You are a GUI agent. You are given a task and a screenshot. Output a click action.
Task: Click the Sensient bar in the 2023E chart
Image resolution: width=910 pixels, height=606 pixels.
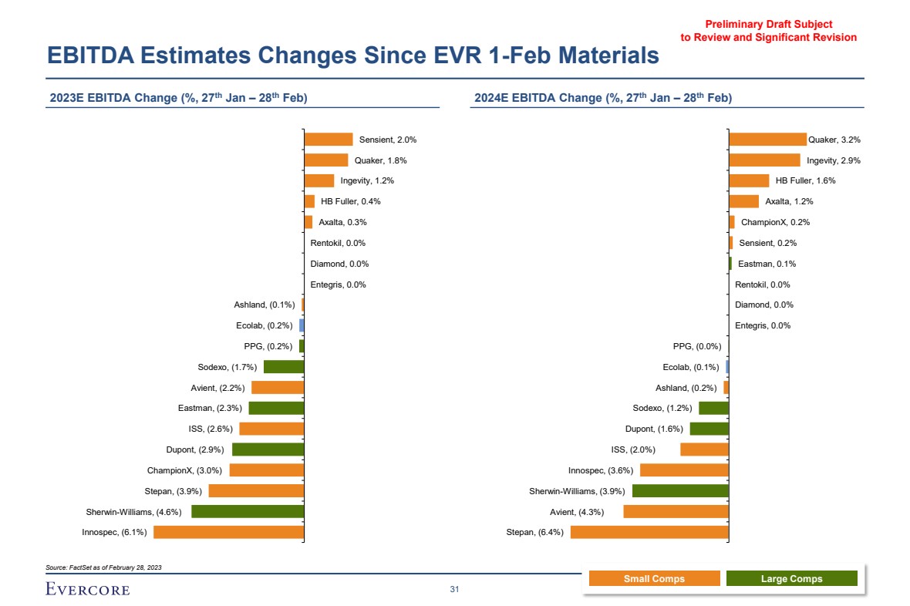(328, 140)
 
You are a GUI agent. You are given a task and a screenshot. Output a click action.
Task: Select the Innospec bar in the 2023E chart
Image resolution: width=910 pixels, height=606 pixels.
(229, 532)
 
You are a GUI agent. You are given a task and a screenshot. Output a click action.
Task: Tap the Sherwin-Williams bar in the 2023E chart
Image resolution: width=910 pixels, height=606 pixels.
(248, 511)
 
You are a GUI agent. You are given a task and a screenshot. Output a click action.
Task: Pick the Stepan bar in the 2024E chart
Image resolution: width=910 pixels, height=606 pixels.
(649, 532)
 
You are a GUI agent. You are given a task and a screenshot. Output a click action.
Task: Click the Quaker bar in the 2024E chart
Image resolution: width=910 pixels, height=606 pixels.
(767, 140)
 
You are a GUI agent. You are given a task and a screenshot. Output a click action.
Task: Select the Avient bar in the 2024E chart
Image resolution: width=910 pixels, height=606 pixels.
(676, 511)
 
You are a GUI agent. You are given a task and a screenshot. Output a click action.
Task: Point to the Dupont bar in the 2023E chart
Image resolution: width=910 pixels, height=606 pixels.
(268, 449)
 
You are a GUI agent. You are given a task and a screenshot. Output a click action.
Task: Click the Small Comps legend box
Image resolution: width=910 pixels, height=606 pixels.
(654, 579)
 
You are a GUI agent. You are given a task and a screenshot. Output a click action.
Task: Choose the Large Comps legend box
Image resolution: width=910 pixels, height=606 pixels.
(791, 579)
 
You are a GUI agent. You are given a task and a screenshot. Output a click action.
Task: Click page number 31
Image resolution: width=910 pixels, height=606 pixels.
(454, 590)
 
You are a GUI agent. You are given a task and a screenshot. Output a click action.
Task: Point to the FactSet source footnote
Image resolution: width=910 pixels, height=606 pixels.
(104, 567)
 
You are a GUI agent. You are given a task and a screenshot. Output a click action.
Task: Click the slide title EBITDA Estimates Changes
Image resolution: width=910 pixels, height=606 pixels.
(352, 56)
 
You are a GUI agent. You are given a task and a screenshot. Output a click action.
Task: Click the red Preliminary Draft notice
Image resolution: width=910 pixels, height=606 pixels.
(768, 31)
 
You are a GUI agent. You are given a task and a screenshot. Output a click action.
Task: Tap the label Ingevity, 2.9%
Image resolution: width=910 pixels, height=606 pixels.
(833, 160)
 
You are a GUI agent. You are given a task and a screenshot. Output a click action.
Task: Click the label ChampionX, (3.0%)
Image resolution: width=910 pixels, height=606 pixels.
(184, 470)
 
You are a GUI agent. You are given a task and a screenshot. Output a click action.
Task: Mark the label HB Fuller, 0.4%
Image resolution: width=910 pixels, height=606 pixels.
(351, 202)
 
